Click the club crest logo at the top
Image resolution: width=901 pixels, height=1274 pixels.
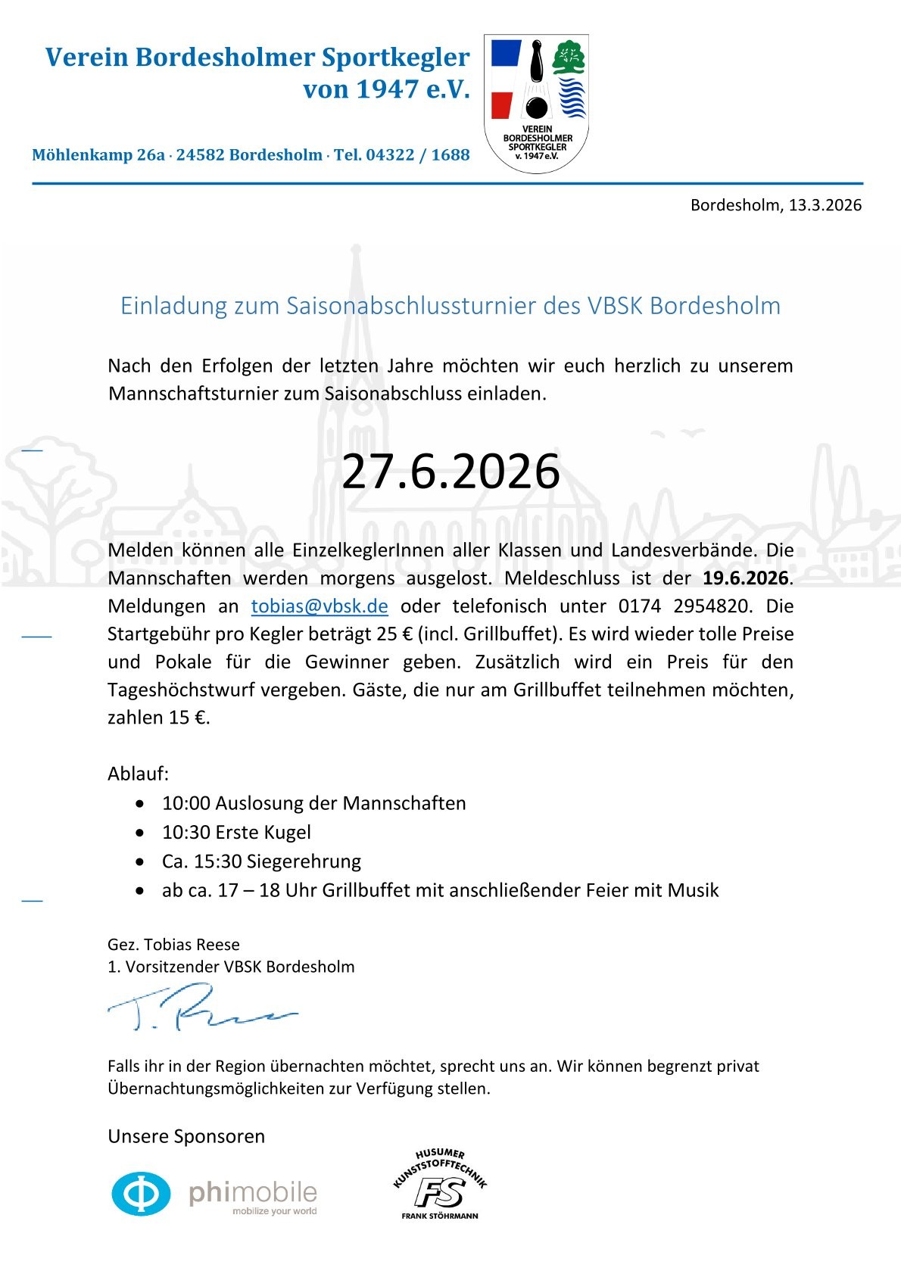[536, 103]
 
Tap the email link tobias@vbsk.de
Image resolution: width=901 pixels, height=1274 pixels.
[320, 606]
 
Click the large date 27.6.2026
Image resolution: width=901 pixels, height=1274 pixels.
[450, 472]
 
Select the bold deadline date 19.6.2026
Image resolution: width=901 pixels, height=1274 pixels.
[746, 578]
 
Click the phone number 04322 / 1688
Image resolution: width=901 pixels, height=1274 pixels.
[418, 155]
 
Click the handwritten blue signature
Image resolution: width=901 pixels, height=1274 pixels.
[201, 1008]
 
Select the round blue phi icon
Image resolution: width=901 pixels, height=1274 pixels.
[142, 1194]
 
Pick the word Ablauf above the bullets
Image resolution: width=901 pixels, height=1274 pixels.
[138, 774]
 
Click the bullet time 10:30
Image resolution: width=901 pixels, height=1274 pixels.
[185, 833]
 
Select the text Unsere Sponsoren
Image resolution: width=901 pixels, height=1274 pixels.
[186, 1136]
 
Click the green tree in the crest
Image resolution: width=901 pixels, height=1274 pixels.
[569, 58]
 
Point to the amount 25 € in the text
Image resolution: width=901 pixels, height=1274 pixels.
[401, 634]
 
